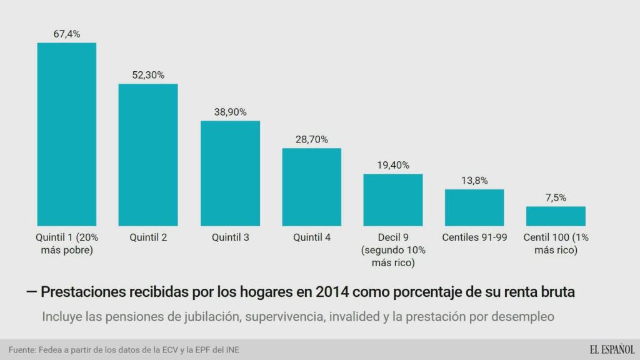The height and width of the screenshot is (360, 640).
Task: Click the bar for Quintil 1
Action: point(66,134)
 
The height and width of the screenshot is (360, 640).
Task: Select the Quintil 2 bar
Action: point(148,154)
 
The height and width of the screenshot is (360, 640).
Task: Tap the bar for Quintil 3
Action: point(230,173)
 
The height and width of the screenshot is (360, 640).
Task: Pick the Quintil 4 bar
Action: point(311,187)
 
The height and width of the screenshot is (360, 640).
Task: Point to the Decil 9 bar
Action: point(393,199)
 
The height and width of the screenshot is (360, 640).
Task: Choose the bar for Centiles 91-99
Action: point(474,207)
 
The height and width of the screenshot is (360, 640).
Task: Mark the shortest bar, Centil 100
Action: point(556,216)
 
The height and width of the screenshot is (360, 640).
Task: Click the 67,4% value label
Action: point(66,34)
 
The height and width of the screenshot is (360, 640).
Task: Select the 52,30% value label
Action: point(148,75)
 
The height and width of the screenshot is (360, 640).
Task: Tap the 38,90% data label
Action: point(230,112)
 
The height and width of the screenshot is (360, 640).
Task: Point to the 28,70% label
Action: point(311,139)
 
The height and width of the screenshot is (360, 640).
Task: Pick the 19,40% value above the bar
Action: point(393,165)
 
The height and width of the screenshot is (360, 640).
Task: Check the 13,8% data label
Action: point(474,180)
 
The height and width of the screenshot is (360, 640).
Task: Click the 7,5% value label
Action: point(556,197)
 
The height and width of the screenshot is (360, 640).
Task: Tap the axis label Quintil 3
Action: point(230,237)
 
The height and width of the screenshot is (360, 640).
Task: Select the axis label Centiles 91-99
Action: point(474,237)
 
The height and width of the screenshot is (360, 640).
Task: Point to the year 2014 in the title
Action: point(329,292)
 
